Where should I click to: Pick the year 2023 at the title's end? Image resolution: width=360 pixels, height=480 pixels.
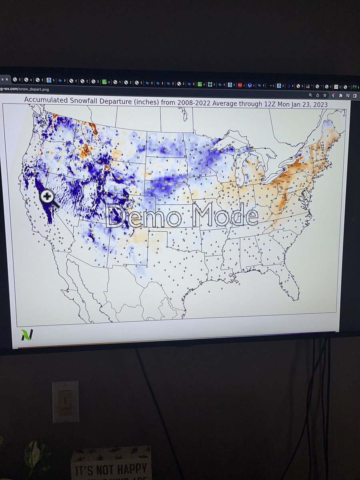318,104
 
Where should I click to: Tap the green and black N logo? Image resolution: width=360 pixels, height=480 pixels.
26,334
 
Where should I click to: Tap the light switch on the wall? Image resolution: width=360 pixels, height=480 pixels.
65,402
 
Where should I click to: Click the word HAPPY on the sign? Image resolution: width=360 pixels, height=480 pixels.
129,468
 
